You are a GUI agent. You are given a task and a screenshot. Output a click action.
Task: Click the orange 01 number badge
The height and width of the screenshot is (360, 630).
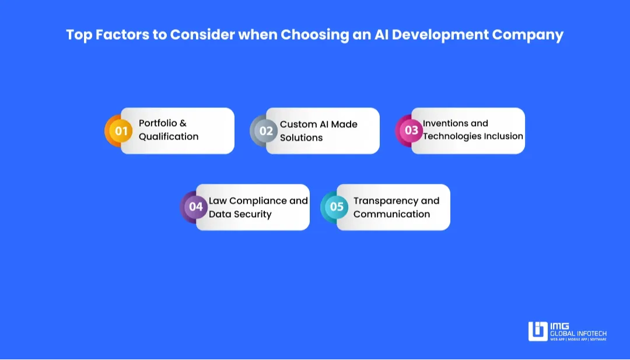tap(121, 131)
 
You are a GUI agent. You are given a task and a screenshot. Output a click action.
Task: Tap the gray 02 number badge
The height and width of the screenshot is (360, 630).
tap(266, 131)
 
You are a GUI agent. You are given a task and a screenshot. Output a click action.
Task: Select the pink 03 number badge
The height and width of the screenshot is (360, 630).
tap(411, 131)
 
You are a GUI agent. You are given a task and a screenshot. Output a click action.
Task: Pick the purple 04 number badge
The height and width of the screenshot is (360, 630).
tap(196, 207)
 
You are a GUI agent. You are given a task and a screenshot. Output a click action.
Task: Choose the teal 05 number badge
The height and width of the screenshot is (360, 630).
tap(337, 207)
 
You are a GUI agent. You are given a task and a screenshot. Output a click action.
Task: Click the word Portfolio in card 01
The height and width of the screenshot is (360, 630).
tap(158, 124)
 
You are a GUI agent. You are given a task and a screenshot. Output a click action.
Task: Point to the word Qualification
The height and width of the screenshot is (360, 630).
tap(169, 137)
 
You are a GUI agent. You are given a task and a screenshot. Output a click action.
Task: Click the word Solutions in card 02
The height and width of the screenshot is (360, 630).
tap(301, 138)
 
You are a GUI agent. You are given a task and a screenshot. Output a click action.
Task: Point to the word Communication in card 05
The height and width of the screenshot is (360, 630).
tap(391, 214)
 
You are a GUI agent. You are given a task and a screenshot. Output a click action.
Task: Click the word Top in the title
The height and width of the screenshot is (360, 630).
tap(79, 34)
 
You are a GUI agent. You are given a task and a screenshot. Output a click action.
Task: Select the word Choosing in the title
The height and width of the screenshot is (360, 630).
tap(313, 34)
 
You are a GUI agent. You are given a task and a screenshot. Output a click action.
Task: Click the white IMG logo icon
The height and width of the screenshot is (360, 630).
tap(538, 331)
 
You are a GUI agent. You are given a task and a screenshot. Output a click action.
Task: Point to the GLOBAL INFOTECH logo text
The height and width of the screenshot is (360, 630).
tap(578, 333)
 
